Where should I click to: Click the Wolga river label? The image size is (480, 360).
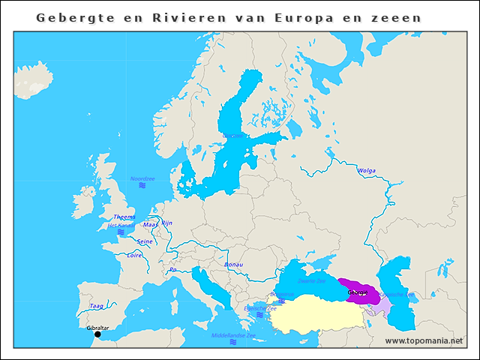(x=367, y=170)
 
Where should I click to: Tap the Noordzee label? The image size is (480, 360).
(x=142, y=178)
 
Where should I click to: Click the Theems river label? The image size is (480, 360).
(x=124, y=217)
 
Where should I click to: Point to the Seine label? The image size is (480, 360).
(x=145, y=241)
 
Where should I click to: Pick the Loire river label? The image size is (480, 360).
(x=134, y=255)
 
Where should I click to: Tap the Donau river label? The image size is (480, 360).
(x=234, y=265)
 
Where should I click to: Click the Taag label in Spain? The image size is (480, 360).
(x=97, y=306)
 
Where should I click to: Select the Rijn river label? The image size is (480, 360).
(x=167, y=223)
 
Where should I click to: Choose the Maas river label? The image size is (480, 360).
(x=150, y=224)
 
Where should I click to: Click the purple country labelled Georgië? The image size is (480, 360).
(x=358, y=291)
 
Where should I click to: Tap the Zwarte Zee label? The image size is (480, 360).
(x=312, y=281)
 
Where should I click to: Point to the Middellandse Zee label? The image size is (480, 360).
(x=233, y=335)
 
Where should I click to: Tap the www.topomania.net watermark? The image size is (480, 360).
(x=424, y=340)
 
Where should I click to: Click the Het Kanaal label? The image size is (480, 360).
(x=120, y=225)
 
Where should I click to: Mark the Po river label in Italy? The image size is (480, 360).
(x=173, y=268)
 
